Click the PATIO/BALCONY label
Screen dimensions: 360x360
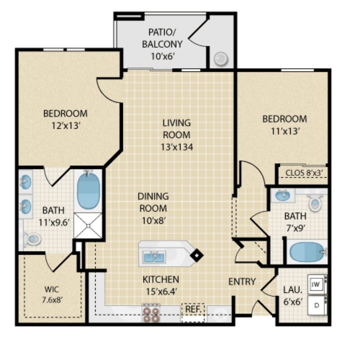pos(162,38)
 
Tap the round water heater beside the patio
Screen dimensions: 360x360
pos(221,59)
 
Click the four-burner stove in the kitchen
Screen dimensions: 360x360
pos(151,314)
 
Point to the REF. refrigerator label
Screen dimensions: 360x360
pos(193,309)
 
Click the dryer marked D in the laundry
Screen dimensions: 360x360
pos(317,306)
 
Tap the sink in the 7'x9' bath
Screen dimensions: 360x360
pos(283,196)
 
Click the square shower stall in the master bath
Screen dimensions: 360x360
pos(88,226)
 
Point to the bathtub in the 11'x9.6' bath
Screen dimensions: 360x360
pos(89,191)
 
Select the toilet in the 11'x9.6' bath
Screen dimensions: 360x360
pos(32,239)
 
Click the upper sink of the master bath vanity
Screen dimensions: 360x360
pos(26,181)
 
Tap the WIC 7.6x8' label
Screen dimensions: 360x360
pos(52,294)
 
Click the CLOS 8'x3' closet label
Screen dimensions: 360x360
pos(304,173)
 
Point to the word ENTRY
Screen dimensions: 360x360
pos(242,282)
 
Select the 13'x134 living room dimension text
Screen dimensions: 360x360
pos(177,147)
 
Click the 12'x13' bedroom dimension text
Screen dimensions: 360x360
pos(66,126)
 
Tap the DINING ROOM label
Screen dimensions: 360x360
pos(154,202)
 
